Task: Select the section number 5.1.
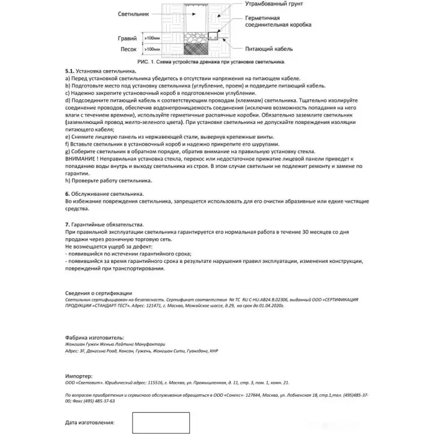[69, 73]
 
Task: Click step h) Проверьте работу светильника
[108, 181]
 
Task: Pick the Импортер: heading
[81, 376]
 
